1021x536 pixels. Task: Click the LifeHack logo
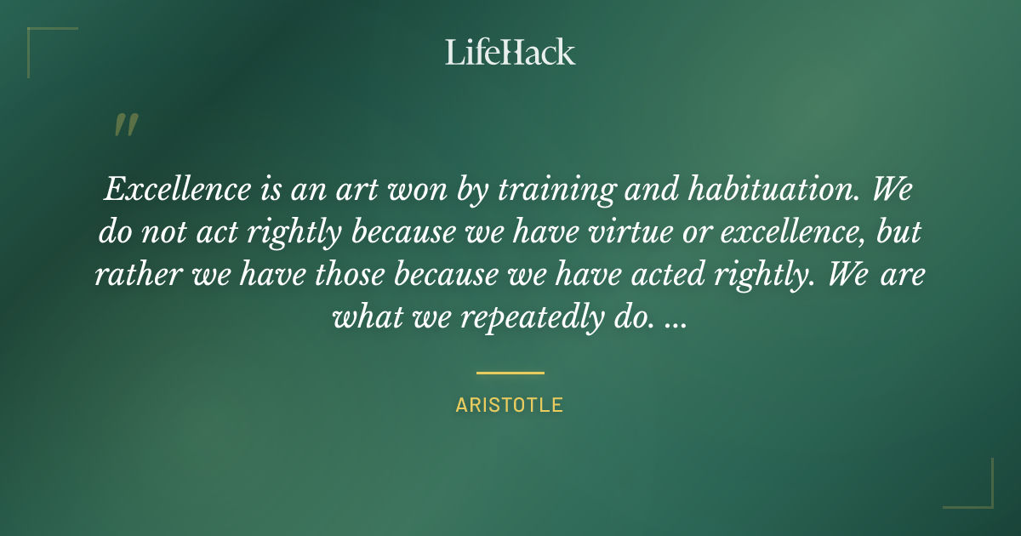pos(510,52)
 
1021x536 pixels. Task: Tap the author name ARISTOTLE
pos(510,405)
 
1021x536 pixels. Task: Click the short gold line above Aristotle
pos(510,373)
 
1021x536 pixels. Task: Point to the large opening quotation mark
pos(125,125)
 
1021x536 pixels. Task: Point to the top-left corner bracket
pos(43,43)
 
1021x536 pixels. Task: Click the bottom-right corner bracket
pos(978,493)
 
